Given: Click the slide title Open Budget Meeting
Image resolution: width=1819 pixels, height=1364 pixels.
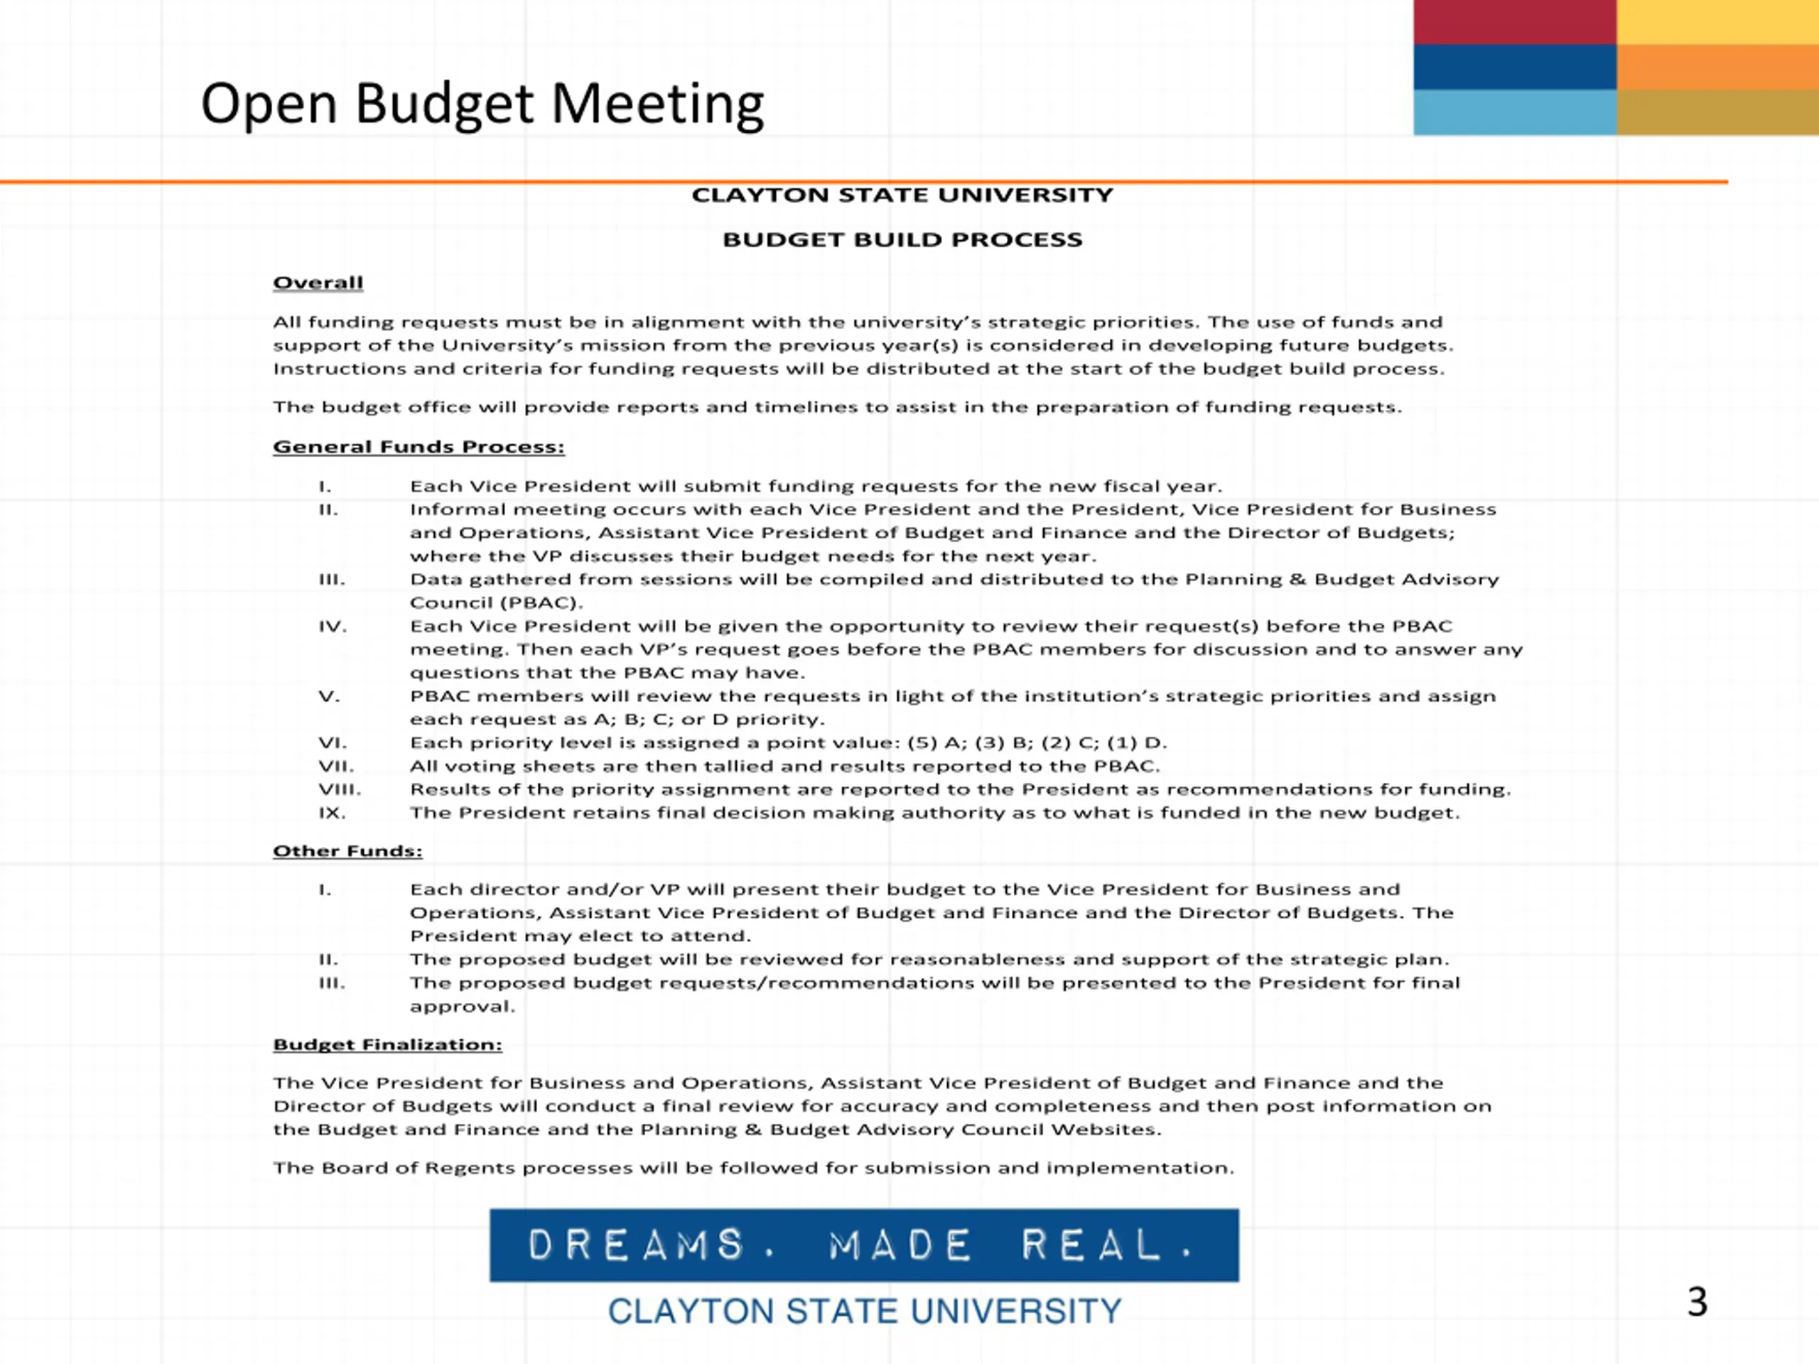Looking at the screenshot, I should point(482,104).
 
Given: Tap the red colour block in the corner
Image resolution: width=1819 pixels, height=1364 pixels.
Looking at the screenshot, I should point(1515,22).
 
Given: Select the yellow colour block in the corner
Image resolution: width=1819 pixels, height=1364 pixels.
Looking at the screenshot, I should point(1717,22).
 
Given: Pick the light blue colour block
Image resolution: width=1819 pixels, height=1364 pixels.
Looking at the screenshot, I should point(1515,112).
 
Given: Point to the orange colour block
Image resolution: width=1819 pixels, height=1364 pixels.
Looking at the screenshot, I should point(1717,67).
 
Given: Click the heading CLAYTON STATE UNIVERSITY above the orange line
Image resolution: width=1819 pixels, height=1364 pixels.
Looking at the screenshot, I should point(902,195).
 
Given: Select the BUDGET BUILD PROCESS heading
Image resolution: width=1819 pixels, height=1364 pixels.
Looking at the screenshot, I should point(902,240).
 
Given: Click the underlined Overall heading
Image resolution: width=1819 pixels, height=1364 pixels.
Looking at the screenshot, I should point(318,283).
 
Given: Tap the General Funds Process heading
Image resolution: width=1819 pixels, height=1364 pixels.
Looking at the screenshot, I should point(419,446).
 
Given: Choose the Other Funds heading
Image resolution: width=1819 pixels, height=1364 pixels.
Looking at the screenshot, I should point(347,851).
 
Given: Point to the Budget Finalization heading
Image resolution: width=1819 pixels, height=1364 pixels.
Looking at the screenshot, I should point(387,1044).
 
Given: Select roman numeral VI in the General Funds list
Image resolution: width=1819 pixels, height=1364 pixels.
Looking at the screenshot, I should point(333,743).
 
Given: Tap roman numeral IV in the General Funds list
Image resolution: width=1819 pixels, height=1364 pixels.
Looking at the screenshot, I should point(333,627).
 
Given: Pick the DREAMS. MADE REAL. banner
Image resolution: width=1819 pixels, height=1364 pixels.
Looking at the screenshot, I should point(863,1245).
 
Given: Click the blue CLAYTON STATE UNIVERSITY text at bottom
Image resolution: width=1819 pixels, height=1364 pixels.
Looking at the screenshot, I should point(864,1311).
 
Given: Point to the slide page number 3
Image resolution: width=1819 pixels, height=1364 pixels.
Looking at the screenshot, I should point(1697,1302).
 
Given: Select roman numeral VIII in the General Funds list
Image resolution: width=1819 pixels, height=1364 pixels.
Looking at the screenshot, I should point(340,790).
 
